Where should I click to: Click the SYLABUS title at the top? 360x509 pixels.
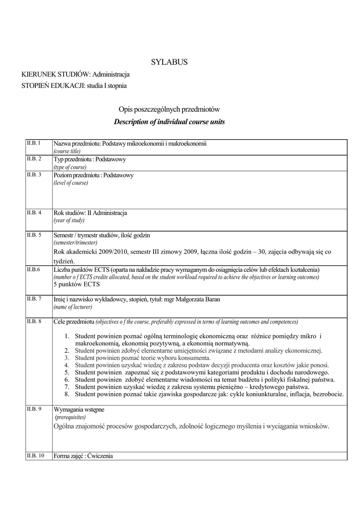coord(169,62)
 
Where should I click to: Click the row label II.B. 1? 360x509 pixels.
coord(33,143)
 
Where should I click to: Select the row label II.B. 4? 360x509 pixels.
coord(34,213)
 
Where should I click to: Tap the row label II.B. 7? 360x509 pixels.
coord(34,299)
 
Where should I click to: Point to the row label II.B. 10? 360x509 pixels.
coord(35,455)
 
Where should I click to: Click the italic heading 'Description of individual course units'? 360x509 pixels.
coord(169,122)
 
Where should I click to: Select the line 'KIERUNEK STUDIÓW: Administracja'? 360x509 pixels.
coord(76,74)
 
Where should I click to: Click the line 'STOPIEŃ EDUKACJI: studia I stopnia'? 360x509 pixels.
coord(74,85)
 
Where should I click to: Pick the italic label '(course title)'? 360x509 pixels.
coord(67,151)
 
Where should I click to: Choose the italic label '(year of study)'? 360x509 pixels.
coord(69,220)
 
